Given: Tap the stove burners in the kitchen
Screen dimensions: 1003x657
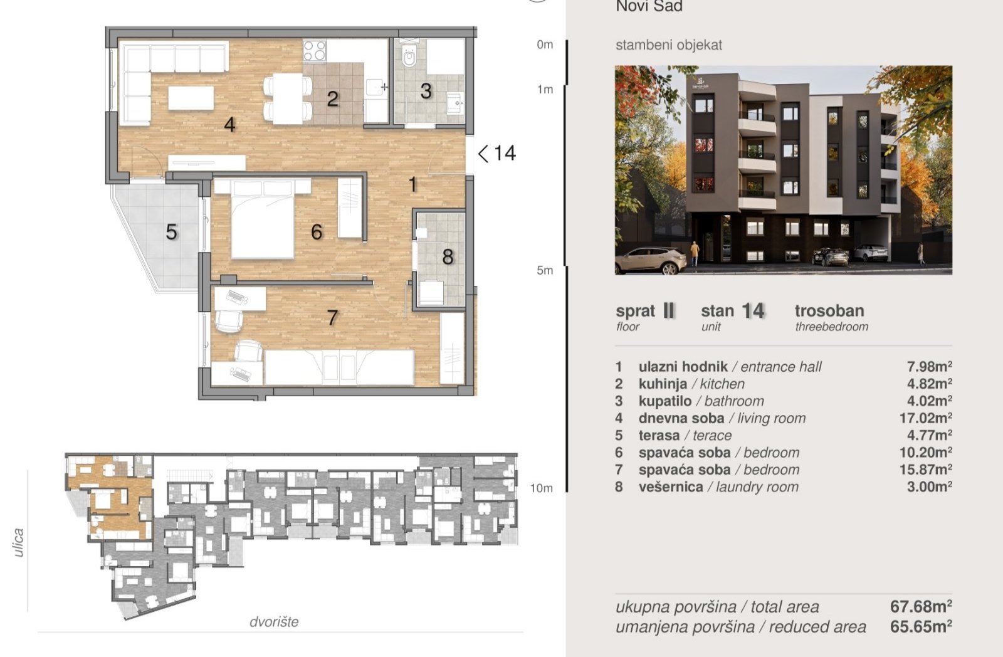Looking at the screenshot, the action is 314,50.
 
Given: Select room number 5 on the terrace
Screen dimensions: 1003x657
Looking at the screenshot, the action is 172,232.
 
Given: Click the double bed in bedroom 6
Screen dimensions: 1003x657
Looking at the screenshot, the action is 263,219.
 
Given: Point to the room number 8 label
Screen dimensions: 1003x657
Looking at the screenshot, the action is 448,256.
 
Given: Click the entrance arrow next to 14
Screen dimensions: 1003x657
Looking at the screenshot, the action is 483,154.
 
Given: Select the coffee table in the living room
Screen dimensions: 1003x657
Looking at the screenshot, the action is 191,98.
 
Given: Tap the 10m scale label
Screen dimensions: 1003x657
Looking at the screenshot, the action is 542,488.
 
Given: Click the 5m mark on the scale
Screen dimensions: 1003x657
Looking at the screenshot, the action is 545,270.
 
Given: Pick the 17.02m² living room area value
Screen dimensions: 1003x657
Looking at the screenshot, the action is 925,418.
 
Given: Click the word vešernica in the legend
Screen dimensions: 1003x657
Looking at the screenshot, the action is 671,487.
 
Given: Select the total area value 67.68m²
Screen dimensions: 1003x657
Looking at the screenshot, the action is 921,606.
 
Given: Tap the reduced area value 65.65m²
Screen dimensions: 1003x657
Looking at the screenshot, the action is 921,626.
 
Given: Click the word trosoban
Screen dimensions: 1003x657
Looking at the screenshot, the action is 829,311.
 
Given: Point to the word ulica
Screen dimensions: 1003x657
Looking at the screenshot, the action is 18,542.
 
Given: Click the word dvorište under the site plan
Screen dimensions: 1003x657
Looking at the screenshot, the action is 274,622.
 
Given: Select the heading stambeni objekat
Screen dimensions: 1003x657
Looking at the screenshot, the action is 669,45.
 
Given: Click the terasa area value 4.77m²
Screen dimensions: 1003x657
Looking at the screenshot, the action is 929,435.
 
